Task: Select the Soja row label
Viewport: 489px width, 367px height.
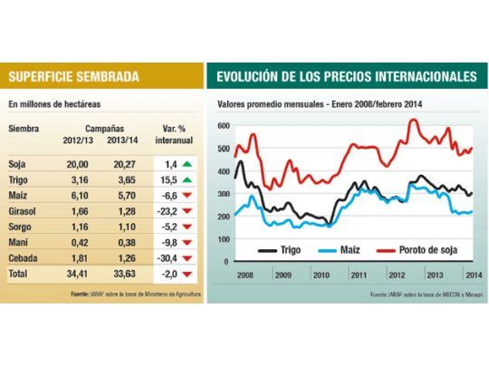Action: pos(16,166)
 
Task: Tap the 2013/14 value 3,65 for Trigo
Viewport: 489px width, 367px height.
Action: pos(122,181)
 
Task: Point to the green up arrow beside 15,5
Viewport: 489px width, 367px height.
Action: pos(186,181)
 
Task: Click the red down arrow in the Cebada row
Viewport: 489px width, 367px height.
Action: pos(186,256)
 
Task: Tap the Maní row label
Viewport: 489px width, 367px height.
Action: pos(18,241)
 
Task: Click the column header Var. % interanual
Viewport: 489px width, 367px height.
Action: pos(170,140)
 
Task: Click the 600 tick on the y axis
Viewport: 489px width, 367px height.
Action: pos(225,124)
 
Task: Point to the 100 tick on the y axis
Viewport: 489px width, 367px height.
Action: pos(225,240)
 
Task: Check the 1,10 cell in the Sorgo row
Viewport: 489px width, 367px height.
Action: pos(122,227)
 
